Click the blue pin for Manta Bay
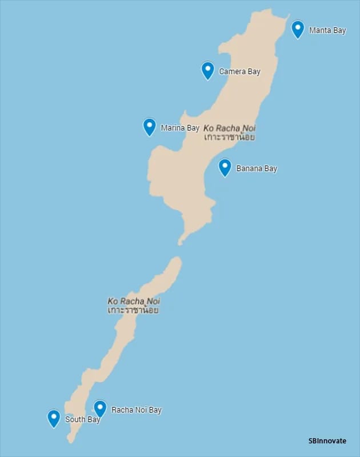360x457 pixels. [x=298, y=29]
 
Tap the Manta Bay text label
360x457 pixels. [x=327, y=30]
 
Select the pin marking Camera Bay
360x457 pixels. [x=208, y=70]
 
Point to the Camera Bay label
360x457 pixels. [x=239, y=71]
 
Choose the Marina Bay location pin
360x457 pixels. [x=150, y=126]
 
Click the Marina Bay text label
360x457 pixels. [x=180, y=128]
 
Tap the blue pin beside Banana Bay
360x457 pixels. [x=225, y=167]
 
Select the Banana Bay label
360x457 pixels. [x=257, y=169]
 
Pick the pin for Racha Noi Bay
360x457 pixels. [x=100, y=408]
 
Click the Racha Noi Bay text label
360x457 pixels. [x=137, y=410]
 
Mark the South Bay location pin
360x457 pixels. [x=54, y=418]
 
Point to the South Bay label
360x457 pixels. [x=83, y=419]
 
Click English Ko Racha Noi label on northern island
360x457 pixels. [x=229, y=129]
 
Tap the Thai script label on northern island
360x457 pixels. [x=229, y=138]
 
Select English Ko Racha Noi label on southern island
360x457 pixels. [x=134, y=301]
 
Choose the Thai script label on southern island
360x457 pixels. [x=133, y=310]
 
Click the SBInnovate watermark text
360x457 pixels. [x=327, y=441]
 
